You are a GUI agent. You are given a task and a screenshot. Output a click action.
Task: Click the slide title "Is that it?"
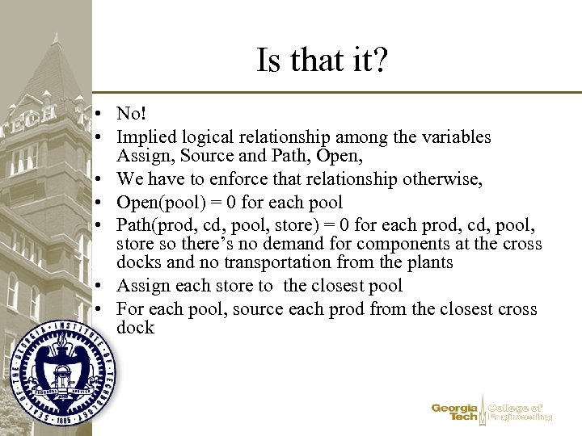323,60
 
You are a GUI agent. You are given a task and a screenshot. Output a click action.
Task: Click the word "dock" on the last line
135,327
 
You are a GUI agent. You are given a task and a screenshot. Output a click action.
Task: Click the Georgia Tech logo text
455,413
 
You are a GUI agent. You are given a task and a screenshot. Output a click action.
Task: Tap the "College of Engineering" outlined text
520,413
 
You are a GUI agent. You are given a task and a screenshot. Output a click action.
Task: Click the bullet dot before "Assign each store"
96,287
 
